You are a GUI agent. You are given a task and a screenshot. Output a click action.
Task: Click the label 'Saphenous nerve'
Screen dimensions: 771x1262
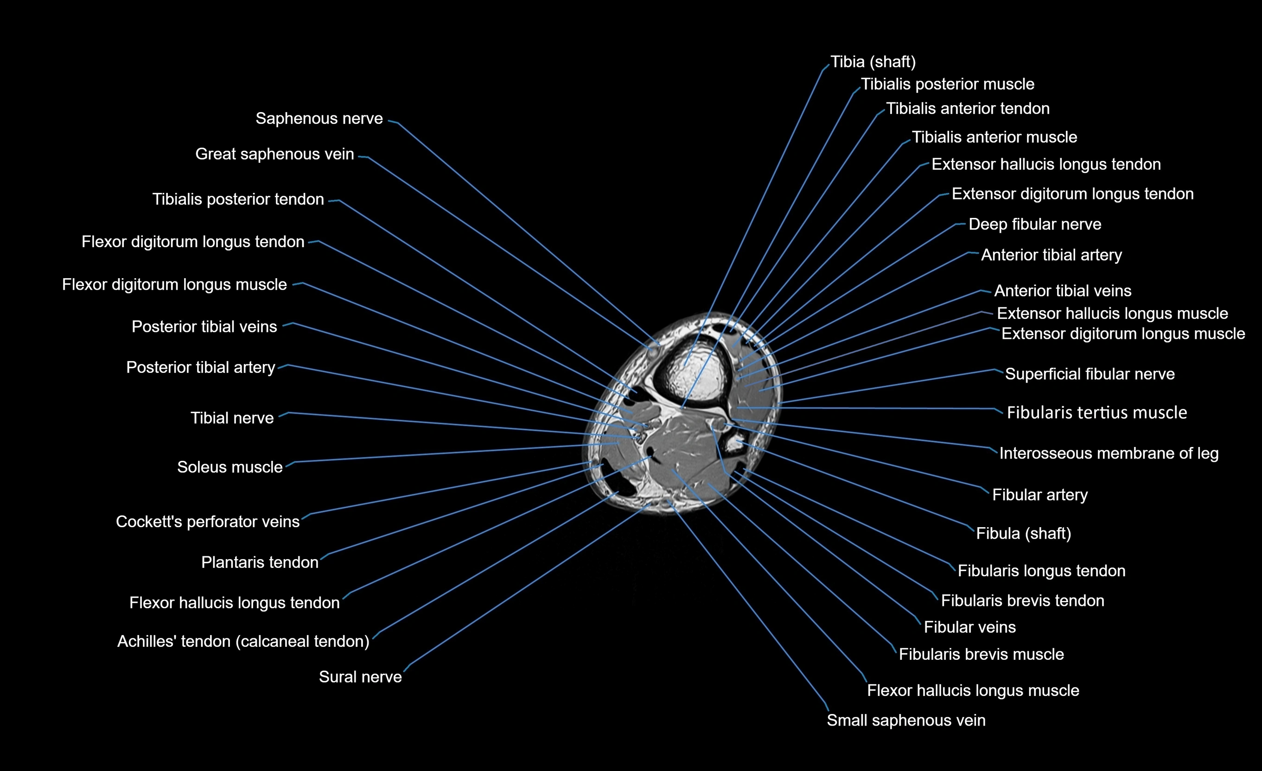319,119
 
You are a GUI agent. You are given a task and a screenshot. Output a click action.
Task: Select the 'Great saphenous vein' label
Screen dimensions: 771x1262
274,154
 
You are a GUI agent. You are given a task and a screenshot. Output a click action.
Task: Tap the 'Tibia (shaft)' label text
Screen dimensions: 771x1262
873,62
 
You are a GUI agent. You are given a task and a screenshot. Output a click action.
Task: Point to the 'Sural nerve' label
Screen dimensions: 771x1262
360,677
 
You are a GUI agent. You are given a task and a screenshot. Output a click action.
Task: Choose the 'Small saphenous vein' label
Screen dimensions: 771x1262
905,721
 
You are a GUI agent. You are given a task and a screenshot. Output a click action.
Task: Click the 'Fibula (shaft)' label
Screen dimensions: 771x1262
1023,534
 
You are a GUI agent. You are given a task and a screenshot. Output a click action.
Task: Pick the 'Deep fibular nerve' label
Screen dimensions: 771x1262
1035,224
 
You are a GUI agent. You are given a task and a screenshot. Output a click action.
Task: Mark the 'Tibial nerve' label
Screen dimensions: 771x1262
232,419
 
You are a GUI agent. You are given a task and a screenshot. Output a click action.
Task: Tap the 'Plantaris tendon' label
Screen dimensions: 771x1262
260,562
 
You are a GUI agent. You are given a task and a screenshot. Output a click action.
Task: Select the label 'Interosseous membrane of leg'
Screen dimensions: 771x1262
1109,453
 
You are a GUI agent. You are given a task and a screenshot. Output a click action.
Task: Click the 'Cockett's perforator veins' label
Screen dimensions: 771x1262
207,522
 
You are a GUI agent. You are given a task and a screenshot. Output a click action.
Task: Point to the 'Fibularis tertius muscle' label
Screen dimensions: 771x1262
1096,413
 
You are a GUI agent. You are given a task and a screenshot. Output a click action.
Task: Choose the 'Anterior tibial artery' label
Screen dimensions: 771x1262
1051,255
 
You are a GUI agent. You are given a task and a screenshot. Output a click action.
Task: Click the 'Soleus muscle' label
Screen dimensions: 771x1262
229,467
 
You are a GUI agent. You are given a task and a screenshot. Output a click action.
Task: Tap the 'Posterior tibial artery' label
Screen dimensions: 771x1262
201,368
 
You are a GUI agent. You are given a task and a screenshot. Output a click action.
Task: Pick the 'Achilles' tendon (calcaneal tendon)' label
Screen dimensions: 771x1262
243,641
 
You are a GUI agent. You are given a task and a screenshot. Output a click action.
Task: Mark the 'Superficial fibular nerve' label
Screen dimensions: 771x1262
1090,375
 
